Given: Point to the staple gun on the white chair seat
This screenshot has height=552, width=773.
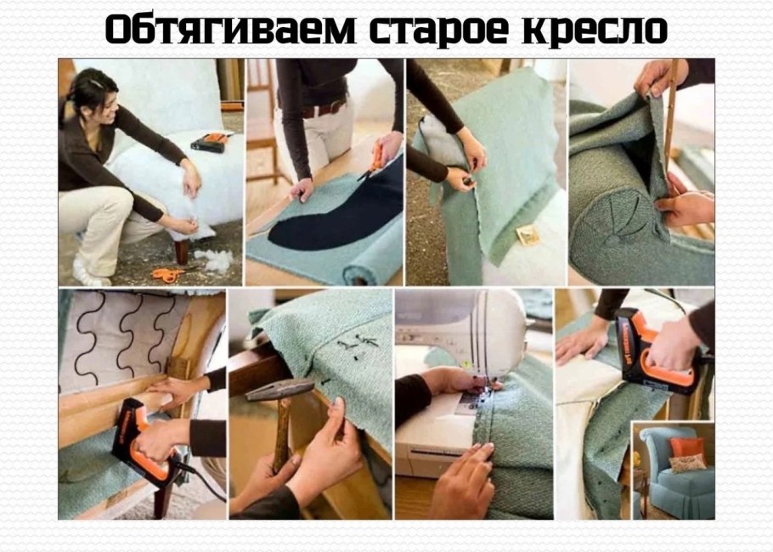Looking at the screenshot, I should (208, 141).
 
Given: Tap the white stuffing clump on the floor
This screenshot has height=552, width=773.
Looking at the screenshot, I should (217, 261).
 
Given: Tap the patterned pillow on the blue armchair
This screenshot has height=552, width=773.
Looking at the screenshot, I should (687, 464).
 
